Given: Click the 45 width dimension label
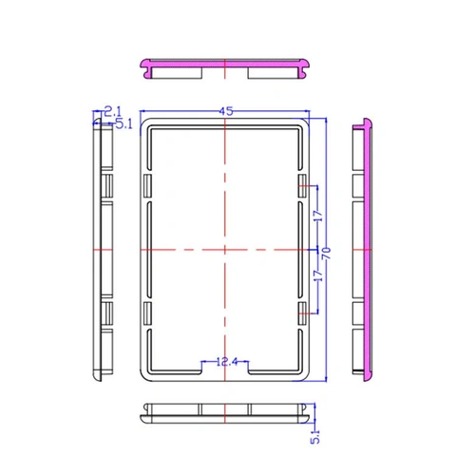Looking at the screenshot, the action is pos(226,111).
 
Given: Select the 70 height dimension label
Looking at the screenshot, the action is pos(327,254).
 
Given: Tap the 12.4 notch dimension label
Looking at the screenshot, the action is pos(227,361).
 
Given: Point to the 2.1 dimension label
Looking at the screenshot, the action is pos(113,111).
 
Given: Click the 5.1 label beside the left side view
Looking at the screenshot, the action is pos(123,124).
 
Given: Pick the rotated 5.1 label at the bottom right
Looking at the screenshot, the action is pos(315,436).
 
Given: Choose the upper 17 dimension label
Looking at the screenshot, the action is pos(318,216).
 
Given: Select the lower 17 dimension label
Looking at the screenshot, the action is pos(318,275).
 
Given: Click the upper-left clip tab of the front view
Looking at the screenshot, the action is pos(147,186).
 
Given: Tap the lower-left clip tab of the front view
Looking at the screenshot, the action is pos(147,313).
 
